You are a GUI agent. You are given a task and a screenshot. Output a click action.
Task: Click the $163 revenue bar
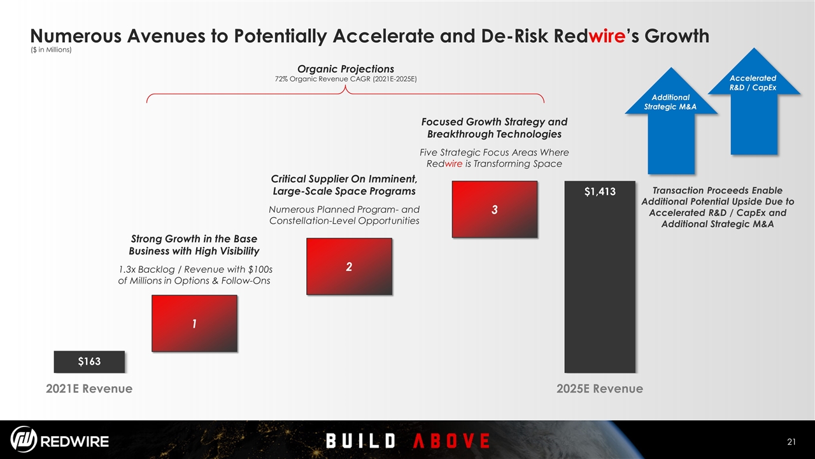pyautogui.click(x=89, y=361)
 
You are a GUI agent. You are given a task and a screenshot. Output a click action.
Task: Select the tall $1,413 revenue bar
pyautogui.click(x=600, y=277)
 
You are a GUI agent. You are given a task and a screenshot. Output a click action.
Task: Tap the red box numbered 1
pyautogui.click(x=194, y=323)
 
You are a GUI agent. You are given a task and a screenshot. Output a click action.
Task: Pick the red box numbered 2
pyautogui.click(x=349, y=266)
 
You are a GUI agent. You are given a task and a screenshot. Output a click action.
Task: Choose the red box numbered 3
pyautogui.click(x=495, y=210)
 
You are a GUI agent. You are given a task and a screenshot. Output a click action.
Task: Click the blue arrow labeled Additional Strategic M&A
pyautogui.click(x=671, y=120)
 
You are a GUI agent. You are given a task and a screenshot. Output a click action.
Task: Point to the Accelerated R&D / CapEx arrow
pyautogui.click(x=754, y=101)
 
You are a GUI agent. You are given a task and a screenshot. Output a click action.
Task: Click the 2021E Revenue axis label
pyautogui.click(x=89, y=389)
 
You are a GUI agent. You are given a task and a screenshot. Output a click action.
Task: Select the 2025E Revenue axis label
pyautogui.click(x=600, y=389)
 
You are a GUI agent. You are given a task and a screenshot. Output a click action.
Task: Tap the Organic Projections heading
pyautogui.click(x=346, y=69)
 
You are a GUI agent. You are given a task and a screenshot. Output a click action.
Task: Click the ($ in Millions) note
pyautogui.click(x=51, y=50)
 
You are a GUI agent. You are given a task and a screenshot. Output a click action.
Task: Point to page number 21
pyautogui.click(x=791, y=442)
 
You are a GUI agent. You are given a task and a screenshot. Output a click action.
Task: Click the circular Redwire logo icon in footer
pyautogui.click(x=24, y=439)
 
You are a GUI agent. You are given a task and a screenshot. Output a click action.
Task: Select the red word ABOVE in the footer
pyautogui.click(x=451, y=441)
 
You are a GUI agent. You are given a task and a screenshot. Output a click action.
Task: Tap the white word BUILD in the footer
pyautogui.click(x=360, y=441)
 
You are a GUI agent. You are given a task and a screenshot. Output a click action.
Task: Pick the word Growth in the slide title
pyautogui.click(x=677, y=36)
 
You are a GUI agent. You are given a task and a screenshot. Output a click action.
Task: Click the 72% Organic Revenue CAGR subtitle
pyautogui.click(x=346, y=79)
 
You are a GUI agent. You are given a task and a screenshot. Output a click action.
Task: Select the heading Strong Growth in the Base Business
pyautogui.click(x=194, y=245)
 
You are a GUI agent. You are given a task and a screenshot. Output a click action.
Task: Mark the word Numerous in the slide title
pyautogui.click(x=76, y=36)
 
